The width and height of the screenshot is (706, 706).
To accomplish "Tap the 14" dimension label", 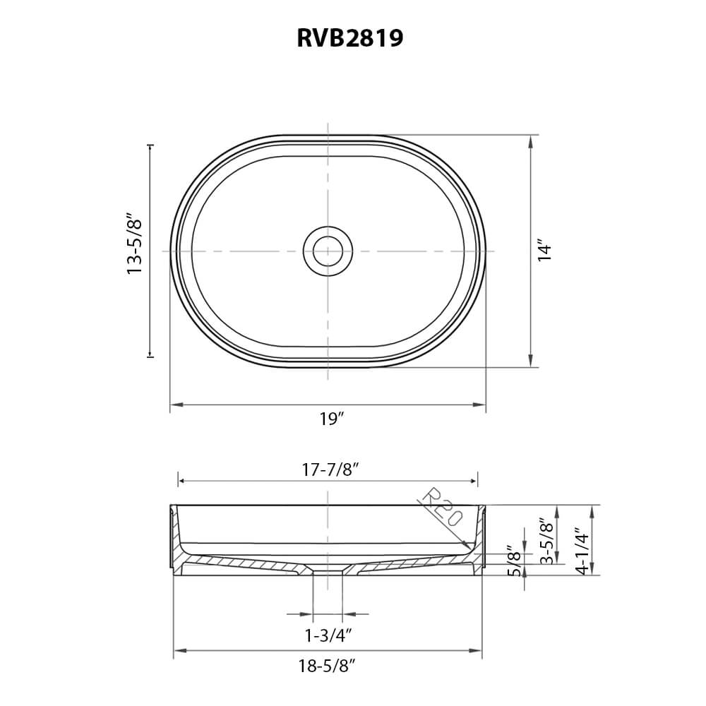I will [544, 251].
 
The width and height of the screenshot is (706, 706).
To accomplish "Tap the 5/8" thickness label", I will [514, 560].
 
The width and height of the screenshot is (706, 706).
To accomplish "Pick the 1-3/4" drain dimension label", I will [328, 635].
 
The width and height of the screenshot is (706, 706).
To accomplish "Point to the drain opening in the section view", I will [328, 570].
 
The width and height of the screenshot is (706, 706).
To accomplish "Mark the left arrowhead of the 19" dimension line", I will [174, 405].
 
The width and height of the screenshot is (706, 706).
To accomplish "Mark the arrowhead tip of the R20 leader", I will [470, 549].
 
